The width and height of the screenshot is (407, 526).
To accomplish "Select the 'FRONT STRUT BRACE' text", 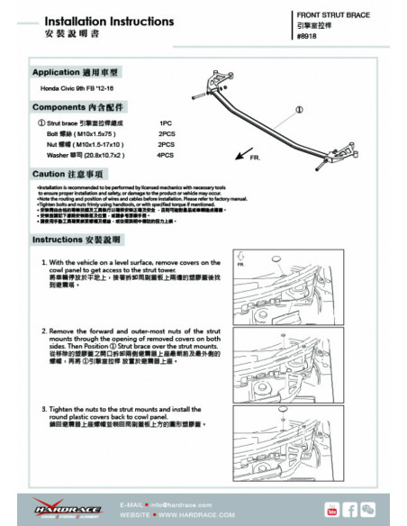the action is click(333, 16).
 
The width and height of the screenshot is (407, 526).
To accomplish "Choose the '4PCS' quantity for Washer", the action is click(166, 155).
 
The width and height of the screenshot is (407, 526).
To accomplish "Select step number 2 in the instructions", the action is click(44, 331).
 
